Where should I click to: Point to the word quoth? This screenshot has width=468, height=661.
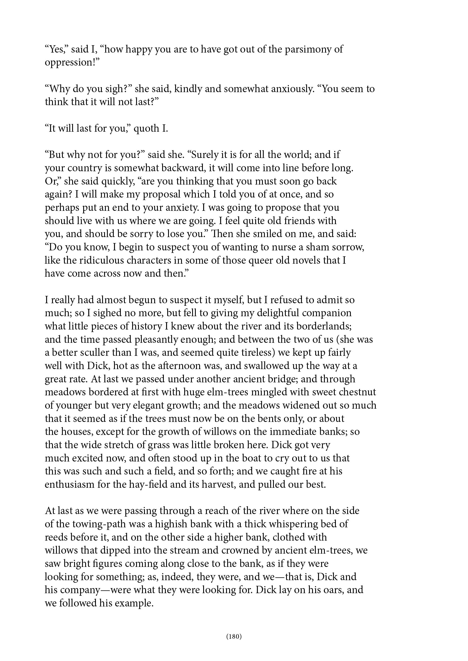pyautogui.click(x=146, y=128)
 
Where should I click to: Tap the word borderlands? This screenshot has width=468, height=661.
pyautogui.click(x=324, y=326)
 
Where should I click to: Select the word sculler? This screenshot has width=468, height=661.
pyautogui.click(x=88, y=353)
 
